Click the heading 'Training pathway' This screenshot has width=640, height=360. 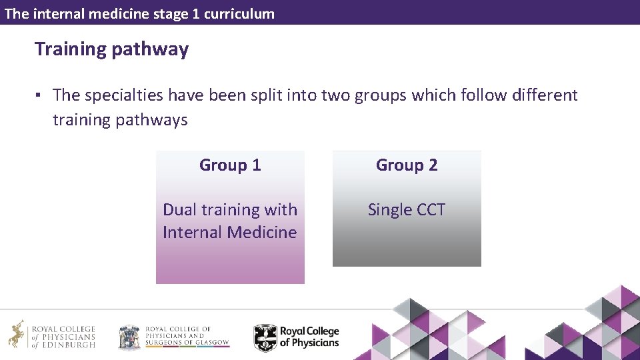pos(111,49)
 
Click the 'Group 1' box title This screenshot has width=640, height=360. pos(230,165)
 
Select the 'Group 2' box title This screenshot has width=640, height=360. pos(407,165)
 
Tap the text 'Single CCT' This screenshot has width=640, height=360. pos(407,210)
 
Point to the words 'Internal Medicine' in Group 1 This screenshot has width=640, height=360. pos(230,233)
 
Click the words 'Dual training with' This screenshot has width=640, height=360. pos(230,210)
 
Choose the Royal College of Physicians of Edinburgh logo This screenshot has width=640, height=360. pos(52,337)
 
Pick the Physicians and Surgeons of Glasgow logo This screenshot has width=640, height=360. pos(173,337)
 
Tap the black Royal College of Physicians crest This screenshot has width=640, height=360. pos(265,337)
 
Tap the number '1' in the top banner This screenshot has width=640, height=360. pos(195,13)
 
